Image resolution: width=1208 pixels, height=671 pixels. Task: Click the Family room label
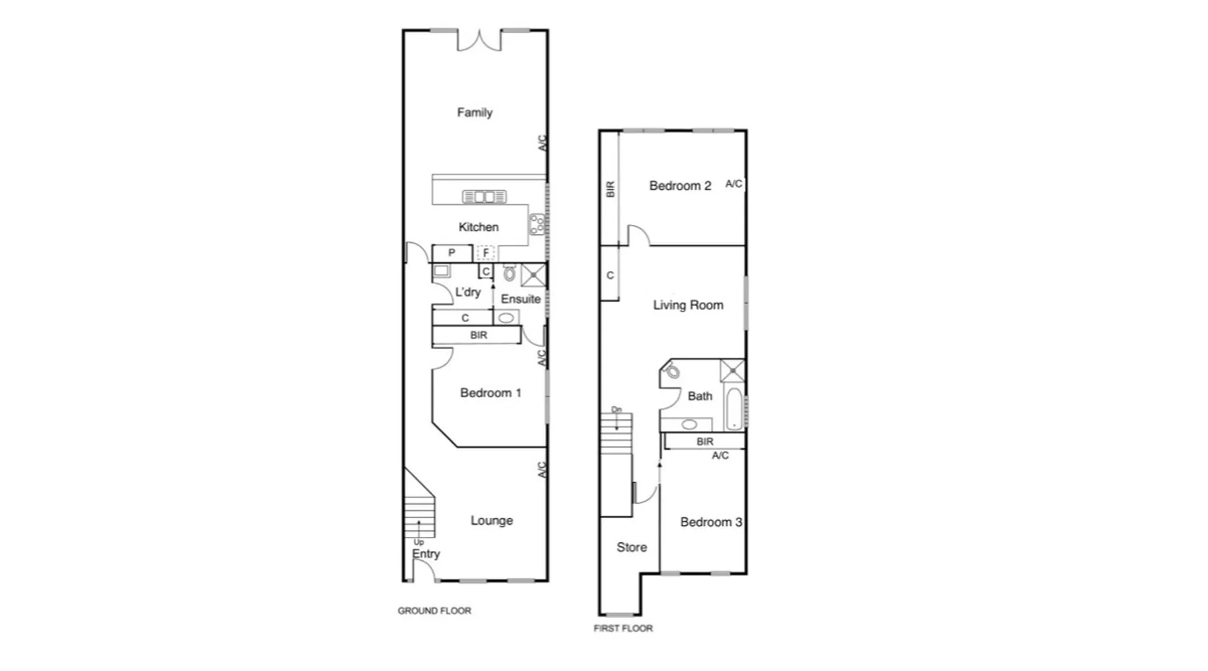click(474, 113)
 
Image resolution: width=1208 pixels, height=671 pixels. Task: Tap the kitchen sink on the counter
click(485, 197)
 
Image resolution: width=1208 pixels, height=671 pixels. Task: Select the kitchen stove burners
click(537, 224)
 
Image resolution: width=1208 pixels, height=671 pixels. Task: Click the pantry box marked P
click(452, 253)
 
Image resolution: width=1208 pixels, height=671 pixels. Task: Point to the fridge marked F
click(486, 253)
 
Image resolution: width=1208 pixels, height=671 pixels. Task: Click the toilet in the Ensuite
click(509, 273)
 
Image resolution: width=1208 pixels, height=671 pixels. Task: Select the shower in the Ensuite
click(534, 274)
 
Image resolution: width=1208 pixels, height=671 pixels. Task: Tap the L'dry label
click(468, 292)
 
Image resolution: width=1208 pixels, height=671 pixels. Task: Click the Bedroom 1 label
click(491, 393)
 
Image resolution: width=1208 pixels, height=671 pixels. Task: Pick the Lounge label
click(491, 520)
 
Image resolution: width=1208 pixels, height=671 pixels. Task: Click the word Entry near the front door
click(425, 554)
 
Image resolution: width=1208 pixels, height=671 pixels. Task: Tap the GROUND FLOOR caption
click(434, 611)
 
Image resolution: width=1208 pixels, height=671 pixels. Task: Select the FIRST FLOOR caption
click(623, 628)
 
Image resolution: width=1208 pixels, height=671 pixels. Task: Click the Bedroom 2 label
click(680, 186)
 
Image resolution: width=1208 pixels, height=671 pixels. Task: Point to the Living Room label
click(688, 305)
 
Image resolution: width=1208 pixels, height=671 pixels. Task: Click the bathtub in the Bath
click(735, 408)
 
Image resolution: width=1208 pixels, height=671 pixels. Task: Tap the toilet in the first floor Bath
click(672, 370)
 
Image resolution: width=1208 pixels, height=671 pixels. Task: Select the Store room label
click(632, 548)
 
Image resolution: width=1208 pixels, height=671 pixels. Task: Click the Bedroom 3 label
click(711, 522)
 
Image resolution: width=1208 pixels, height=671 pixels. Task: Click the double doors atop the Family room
click(479, 40)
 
